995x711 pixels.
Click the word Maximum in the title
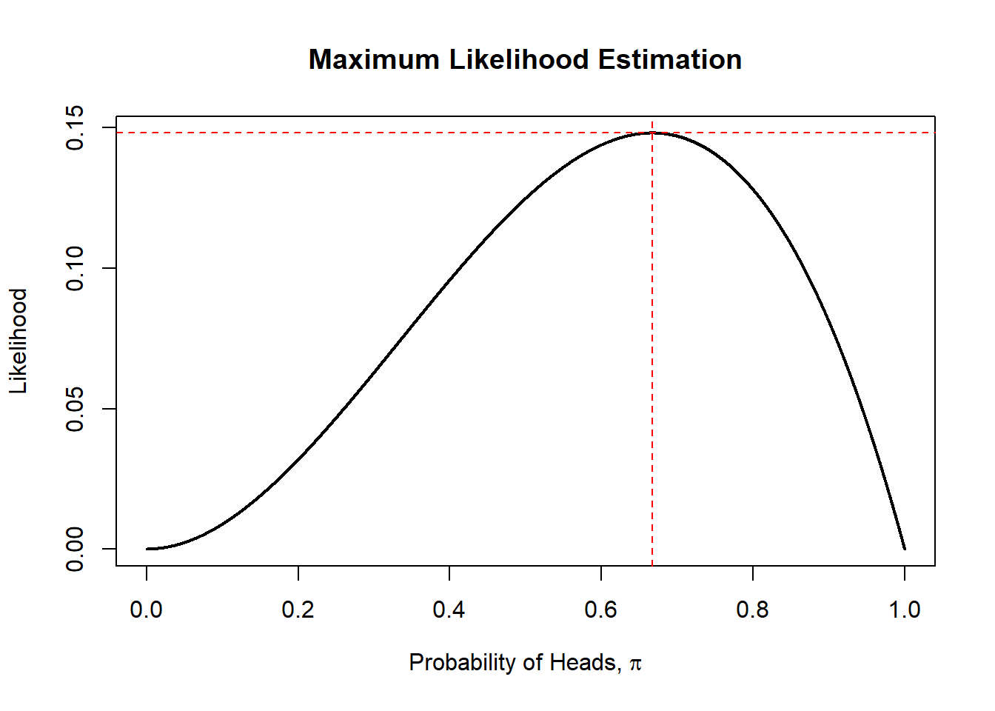tap(374, 60)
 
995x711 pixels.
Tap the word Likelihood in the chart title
tap(519, 60)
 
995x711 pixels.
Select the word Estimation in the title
tap(670, 60)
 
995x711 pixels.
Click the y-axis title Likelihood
tap(19, 341)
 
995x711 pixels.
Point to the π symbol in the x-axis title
tap(635, 663)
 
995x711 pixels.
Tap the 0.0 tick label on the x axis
tap(147, 610)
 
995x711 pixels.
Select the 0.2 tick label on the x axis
tap(298, 610)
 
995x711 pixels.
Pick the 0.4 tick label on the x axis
tap(449, 610)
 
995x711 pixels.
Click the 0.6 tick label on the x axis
tap(601, 610)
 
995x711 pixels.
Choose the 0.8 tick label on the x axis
tap(752, 610)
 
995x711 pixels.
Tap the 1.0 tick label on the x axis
tap(904, 610)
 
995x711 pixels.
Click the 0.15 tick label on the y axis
tap(76, 128)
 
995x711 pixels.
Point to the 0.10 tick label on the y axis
tap(76, 268)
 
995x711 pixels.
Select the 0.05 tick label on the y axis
tap(76, 409)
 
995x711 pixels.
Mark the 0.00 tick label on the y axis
tap(76, 549)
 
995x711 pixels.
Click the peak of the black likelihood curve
tap(652, 133)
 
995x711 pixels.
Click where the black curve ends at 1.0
tap(905, 549)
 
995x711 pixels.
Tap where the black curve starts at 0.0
tap(147, 549)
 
